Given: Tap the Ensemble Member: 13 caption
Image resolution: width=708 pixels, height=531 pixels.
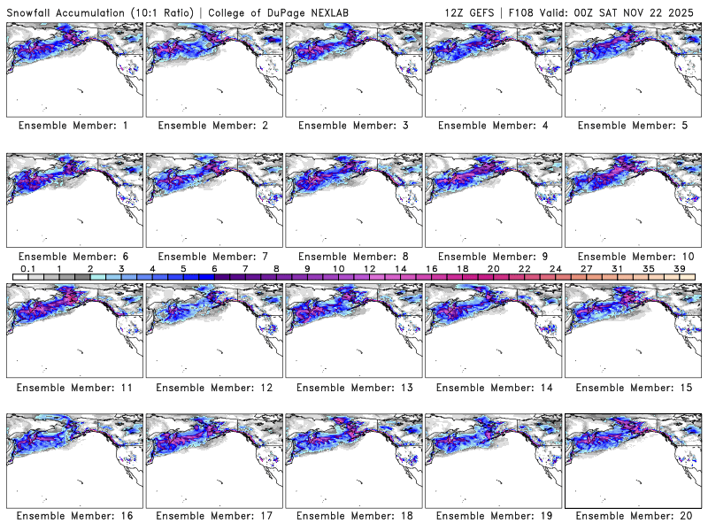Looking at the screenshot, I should [x=353, y=387].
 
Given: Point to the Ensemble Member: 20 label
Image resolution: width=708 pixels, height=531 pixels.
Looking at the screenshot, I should [x=633, y=515].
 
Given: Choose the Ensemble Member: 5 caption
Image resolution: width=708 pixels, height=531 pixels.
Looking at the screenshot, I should [x=633, y=126].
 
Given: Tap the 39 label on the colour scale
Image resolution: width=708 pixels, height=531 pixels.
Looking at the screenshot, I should [x=679, y=268].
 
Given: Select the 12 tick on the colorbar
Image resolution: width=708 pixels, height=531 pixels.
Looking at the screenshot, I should [x=369, y=268].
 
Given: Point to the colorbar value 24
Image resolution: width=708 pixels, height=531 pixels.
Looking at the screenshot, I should [x=555, y=268].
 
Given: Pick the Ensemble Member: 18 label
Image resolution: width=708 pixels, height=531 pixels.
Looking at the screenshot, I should [x=353, y=515].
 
